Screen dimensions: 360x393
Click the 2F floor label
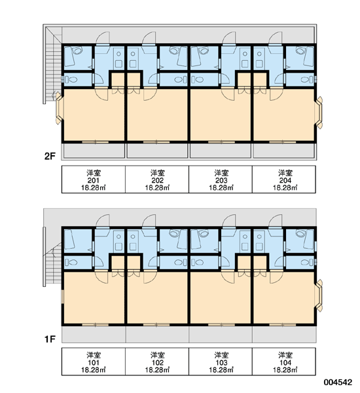point(50,157)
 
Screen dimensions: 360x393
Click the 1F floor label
point(50,339)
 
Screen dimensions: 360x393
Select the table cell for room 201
point(94,179)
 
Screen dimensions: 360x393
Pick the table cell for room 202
point(157,179)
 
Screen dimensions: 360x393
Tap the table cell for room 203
point(221,179)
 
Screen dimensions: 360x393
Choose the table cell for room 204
point(284,179)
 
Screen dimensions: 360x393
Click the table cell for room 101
point(94,362)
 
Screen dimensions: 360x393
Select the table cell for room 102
point(157,362)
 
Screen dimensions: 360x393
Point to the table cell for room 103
point(221,362)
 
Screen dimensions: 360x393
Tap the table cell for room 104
point(284,362)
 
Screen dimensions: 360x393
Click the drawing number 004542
point(338,383)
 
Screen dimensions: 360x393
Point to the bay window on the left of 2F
point(59,108)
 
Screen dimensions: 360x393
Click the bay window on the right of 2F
point(319,113)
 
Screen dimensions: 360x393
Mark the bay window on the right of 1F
point(319,295)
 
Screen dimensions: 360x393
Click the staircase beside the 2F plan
point(52,64)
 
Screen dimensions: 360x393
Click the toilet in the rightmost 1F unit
point(306,263)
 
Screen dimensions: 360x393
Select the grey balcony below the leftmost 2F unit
point(94,151)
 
